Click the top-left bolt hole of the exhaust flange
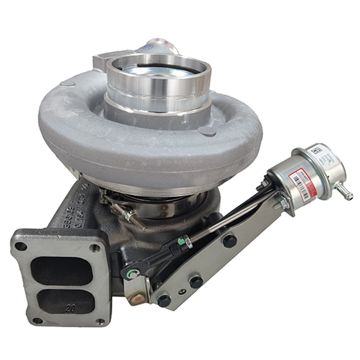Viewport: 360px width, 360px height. coord(21,246)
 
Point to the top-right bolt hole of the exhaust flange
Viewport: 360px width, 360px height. coord(95,247)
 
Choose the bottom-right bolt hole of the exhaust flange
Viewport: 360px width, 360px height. coord(102,322)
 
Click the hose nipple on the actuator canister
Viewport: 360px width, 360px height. coord(344,193)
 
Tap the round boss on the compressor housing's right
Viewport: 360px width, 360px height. coord(207,130)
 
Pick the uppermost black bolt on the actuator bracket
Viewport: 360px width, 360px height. coord(229,240)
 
